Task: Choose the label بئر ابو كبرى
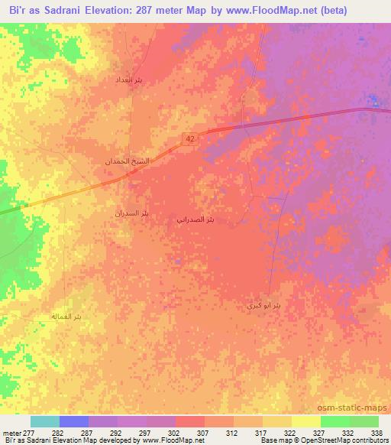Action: pos(263,305)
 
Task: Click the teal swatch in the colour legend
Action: pos(45,421)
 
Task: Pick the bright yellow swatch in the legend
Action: pos(306,421)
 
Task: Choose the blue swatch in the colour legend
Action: pos(74,421)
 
